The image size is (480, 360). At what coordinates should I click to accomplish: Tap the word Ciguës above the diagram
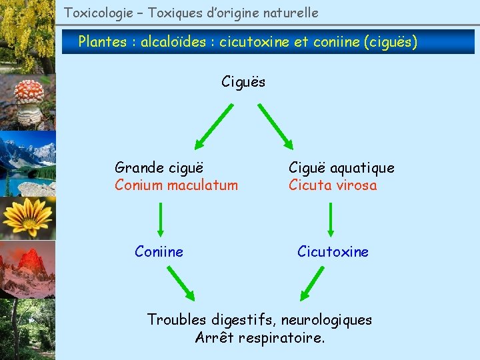[x=243, y=82]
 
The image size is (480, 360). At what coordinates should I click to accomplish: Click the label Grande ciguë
[x=159, y=167]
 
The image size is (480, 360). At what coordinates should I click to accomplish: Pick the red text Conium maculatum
[x=176, y=185]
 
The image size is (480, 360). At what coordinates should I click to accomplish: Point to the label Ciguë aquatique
[x=341, y=168]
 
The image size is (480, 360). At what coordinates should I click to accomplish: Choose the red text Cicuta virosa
[x=333, y=185]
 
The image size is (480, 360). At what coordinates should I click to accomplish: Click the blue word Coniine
[x=159, y=251]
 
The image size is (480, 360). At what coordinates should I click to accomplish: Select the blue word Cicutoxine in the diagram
[x=333, y=251]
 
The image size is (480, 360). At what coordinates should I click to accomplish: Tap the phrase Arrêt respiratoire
[x=260, y=337]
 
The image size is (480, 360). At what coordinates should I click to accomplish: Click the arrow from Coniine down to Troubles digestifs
[x=180, y=283]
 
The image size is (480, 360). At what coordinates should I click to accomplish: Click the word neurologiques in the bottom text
[x=327, y=319]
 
